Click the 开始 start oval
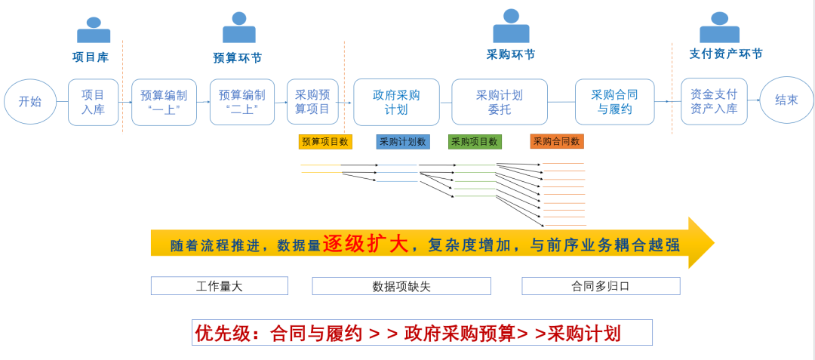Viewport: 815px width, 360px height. [30, 102]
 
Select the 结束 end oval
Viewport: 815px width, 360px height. [786, 100]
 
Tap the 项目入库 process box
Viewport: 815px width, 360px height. [93, 102]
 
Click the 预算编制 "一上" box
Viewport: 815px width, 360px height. [164, 102]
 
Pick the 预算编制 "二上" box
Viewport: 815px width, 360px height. [241, 102]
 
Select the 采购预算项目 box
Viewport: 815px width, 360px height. [312, 102]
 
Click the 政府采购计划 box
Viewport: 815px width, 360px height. [396, 102]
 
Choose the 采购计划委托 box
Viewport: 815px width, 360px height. [499, 102]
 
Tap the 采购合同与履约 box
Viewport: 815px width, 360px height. [614, 102]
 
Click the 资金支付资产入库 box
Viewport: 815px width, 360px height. [713, 102]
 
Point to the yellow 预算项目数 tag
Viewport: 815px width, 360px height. [325, 142]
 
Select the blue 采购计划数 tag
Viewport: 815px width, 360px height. [402, 142]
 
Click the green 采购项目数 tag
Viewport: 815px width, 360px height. [475, 142]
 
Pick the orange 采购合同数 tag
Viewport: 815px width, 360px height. [557, 142]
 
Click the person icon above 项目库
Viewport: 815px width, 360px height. [94, 30]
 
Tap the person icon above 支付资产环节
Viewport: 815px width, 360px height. [719, 28]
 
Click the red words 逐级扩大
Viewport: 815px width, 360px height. [366, 244]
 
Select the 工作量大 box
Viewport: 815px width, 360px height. [219, 286]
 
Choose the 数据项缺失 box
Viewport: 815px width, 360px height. [401, 286]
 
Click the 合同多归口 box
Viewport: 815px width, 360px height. [601, 286]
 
